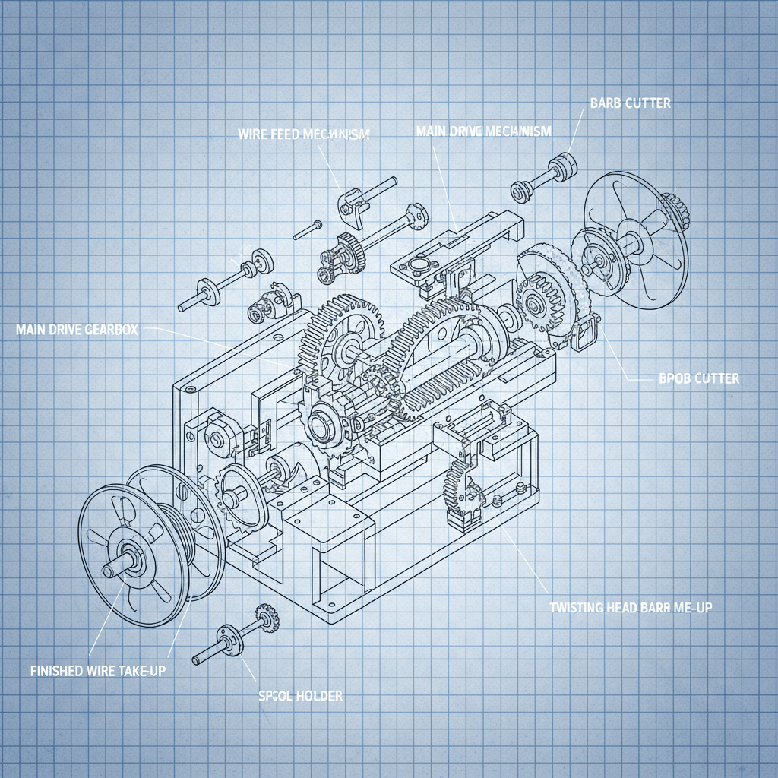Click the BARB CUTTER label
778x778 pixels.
(630, 103)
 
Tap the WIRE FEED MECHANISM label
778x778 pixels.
(304, 134)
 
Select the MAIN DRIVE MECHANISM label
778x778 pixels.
(483, 131)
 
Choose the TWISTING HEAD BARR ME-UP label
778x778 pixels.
(630, 608)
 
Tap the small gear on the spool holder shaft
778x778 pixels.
(266, 617)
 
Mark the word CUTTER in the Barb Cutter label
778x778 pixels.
(647, 103)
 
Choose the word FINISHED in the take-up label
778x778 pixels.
(57, 670)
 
